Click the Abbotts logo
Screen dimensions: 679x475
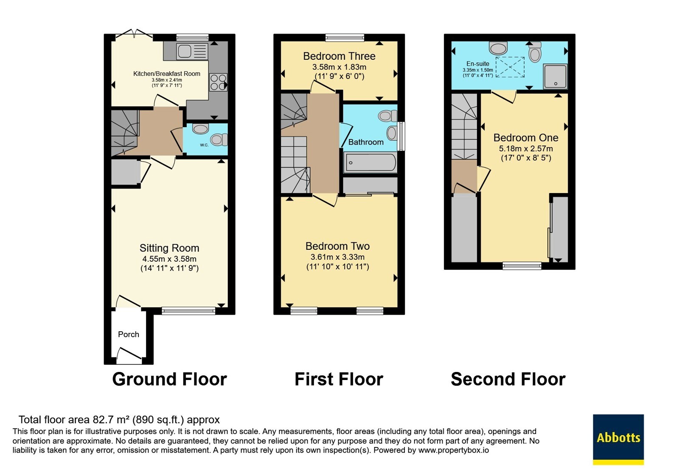click(x=618, y=439)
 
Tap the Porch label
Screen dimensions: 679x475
click(x=129, y=335)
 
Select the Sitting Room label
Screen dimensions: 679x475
click(x=169, y=248)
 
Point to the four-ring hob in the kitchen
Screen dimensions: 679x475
click(x=218, y=82)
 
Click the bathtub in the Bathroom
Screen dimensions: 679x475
click(x=370, y=162)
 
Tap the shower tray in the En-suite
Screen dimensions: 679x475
click(x=555, y=76)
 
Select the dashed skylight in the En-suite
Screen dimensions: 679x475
click(x=510, y=67)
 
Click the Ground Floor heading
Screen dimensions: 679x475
click(x=169, y=379)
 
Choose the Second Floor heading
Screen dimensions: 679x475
click(x=508, y=379)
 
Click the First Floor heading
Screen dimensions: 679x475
click(x=339, y=379)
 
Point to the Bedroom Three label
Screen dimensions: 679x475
click(x=339, y=56)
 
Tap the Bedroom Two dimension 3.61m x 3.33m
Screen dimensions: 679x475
click(x=337, y=257)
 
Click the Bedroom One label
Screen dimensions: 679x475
click(x=526, y=138)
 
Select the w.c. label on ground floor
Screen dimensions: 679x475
click(x=204, y=145)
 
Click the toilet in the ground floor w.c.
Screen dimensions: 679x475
click(x=219, y=140)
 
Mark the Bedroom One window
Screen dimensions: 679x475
click(x=522, y=266)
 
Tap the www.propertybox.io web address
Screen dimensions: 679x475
click(x=454, y=450)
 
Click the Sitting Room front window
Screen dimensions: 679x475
click(x=188, y=311)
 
